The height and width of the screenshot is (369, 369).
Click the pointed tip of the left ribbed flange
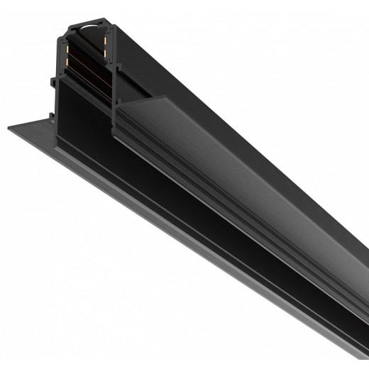coord(8,130)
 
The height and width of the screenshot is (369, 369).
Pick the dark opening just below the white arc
coord(91,39)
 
